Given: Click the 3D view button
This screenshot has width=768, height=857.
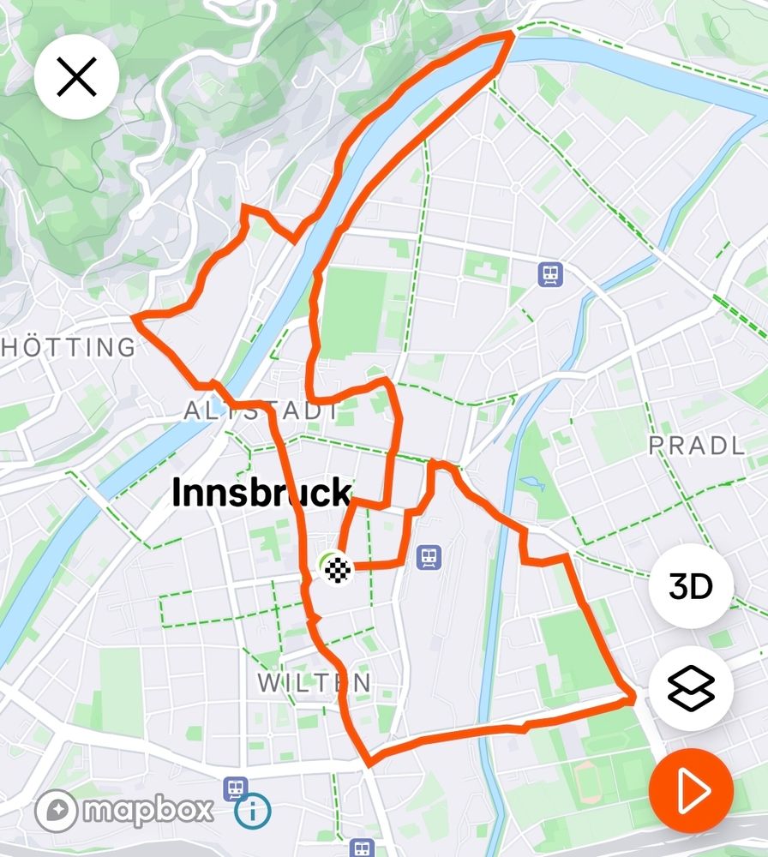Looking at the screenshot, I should [x=691, y=588].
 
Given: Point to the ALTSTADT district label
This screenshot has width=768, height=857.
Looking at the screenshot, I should [x=261, y=411].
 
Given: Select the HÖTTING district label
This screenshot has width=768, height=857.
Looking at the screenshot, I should [x=69, y=347].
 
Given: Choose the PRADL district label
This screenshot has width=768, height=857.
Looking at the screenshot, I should [x=696, y=446].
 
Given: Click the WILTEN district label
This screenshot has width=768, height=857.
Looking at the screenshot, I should [x=315, y=683].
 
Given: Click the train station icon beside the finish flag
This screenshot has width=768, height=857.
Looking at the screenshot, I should [x=429, y=558].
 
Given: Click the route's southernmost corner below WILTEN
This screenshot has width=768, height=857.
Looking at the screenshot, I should [x=369, y=764].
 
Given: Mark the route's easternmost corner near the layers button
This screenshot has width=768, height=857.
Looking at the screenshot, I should [x=633, y=699].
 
